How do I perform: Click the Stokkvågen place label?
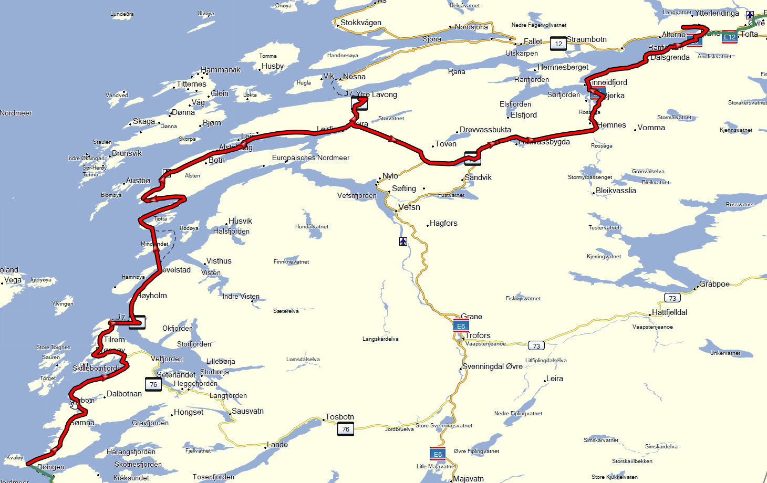tap(360, 23)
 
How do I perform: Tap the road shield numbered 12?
tap(558, 44)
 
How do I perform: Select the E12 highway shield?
tap(729, 37)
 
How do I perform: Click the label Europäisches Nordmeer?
tap(310, 157)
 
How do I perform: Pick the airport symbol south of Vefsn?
tap(403, 241)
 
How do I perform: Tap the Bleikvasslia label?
tap(616, 191)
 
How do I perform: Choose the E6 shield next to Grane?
tap(461, 326)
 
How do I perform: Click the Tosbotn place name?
tap(339, 417)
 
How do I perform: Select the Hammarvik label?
tap(221, 70)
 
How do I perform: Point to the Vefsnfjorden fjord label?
tap(357, 196)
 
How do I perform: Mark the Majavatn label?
tap(468, 479)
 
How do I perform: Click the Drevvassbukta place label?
tap(485, 130)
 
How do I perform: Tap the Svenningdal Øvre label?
tap(492, 366)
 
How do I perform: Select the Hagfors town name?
tap(443, 223)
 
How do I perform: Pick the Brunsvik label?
tap(127, 153)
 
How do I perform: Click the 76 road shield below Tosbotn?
tap(346, 429)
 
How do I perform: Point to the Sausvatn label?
tap(247, 411)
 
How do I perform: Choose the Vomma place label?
tap(651, 128)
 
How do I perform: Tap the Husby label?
tap(273, 66)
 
